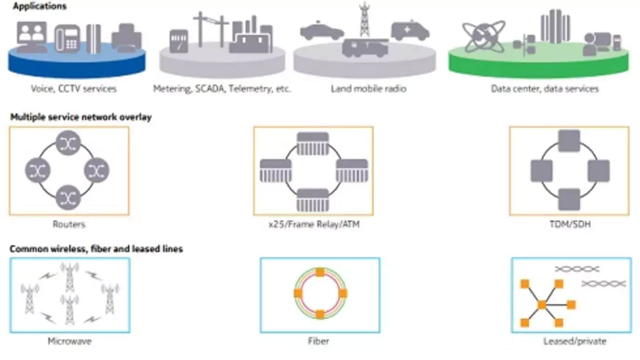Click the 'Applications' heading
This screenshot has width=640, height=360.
(40, 7)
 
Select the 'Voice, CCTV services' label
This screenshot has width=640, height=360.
(74, 88)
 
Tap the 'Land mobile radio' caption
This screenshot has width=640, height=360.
(368, 88)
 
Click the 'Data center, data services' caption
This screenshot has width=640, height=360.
(545, 88)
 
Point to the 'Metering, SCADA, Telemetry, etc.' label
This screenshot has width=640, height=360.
(222, 88)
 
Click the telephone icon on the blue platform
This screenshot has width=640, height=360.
(67, 39)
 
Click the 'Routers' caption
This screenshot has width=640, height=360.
(69, 225)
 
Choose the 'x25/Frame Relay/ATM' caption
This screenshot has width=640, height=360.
(314, 225)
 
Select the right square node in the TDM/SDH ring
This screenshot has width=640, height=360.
(598, 171)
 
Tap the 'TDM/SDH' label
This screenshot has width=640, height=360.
(569, 225)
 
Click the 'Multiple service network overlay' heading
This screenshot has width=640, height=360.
(81, 117)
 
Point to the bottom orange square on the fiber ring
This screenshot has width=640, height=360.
(320, 314)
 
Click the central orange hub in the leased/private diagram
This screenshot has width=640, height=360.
(541, 305)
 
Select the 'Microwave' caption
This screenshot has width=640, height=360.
(69, 341)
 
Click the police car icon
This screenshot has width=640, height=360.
(322, 32)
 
